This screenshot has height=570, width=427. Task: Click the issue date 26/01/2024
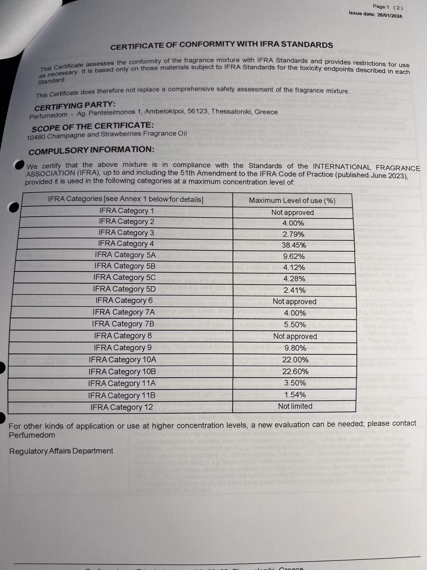click(389, 16)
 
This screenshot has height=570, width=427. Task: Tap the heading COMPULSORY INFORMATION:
click(91, 150)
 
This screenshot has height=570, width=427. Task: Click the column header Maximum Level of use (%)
click(292, 201)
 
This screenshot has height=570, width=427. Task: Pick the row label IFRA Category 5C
click(125, 277)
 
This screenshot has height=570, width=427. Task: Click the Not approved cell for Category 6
click(294, 301)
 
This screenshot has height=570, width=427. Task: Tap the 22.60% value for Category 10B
click(295, 372)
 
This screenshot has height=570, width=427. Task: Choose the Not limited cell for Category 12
click(295, 406)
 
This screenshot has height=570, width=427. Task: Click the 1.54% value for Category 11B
click(295, 394)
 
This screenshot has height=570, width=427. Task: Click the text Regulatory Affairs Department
click(61, 451)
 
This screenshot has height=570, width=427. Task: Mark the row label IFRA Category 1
click(126, 211)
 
